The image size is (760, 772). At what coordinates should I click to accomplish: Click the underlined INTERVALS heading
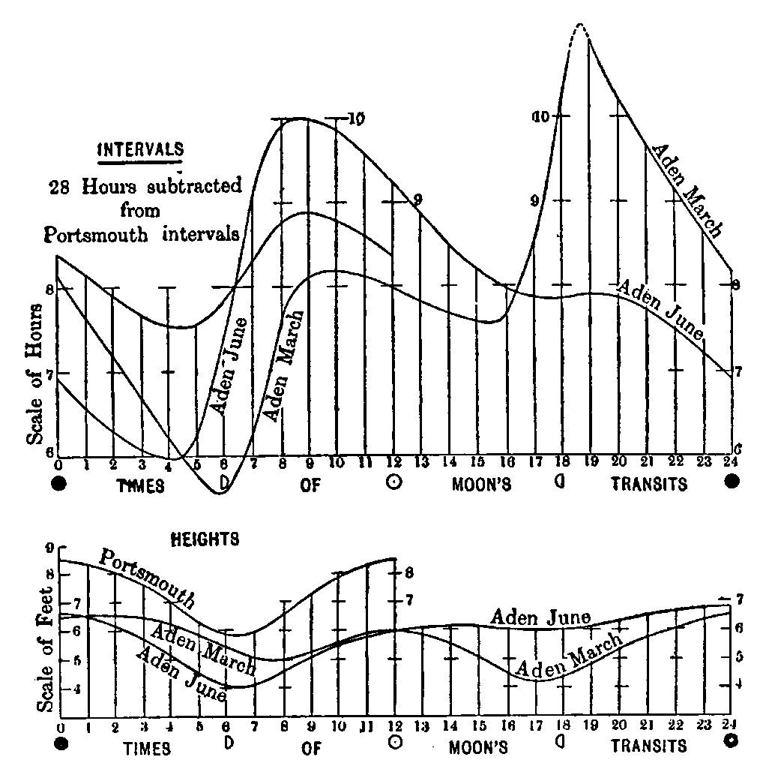[x=141, y=149]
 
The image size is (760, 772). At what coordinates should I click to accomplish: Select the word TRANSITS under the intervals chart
[x=649, y=485]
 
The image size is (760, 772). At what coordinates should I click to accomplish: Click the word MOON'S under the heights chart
[x=480, y=747]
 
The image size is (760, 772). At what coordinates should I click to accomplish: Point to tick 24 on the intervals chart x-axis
[x=731, y=463]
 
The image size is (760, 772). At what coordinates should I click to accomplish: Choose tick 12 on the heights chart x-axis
[x=394, y=728]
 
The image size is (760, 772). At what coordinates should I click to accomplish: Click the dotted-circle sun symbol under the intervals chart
[x=392, y=483]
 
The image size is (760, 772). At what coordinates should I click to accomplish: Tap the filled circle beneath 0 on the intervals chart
[x=59, y=484]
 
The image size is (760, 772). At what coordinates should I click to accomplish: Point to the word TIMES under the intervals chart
[x=140, y=485]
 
